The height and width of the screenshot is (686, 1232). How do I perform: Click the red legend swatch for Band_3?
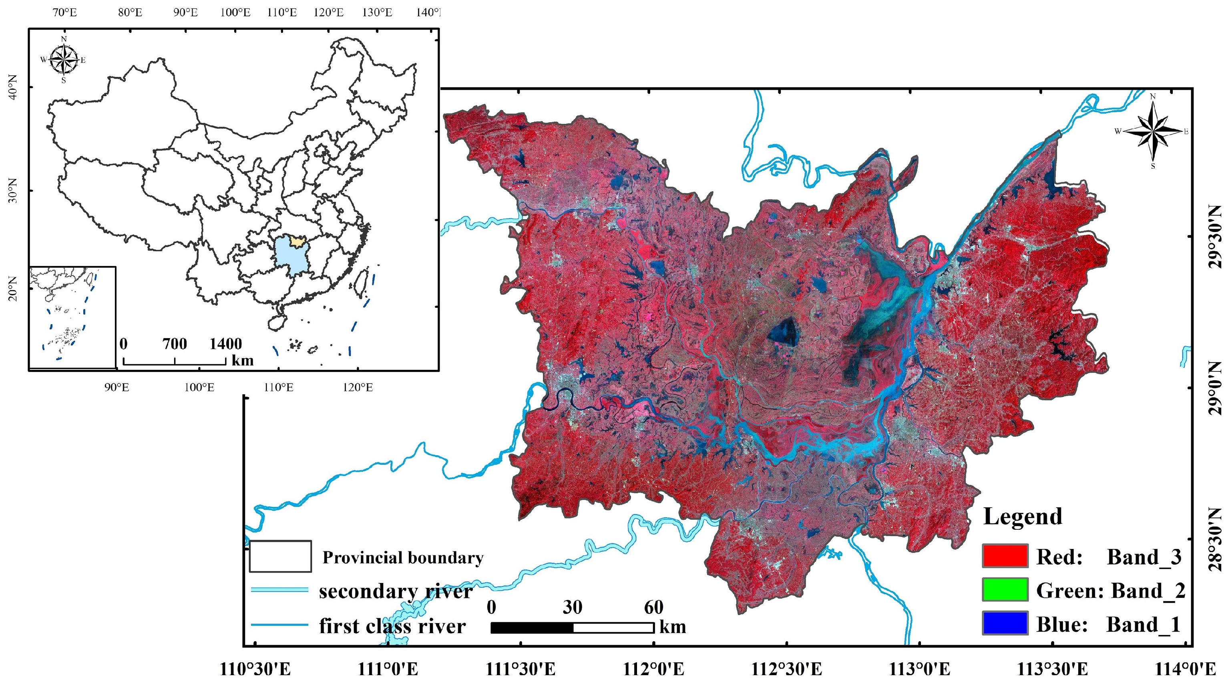[1005, 556]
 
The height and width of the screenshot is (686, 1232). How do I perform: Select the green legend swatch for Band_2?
[1005, 590]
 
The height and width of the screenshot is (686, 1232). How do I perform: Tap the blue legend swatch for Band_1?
[1005, 623]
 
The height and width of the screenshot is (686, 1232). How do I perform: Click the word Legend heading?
[1023, 517]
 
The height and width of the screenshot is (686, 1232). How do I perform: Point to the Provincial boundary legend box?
[280, 556]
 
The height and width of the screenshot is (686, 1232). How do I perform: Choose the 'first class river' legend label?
[392, 626]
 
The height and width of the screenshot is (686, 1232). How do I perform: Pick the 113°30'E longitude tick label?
[1052, 669]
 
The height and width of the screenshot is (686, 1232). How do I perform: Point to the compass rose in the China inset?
[64, 60]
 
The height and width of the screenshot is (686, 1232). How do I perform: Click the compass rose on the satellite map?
[1152, 131]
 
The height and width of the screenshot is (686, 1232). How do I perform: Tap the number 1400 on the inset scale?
[225, 344]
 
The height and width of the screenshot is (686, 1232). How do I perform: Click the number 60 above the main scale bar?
[653, 607]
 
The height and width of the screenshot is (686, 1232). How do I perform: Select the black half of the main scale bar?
[532, 627]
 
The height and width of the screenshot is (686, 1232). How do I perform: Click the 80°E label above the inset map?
[130, 12]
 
